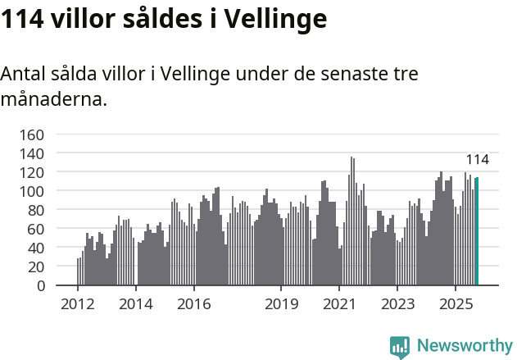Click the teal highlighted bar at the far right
(477, 231)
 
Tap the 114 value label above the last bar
(477, 159)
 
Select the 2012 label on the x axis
(78, 305)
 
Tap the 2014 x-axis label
(136, 305)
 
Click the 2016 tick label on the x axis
(194, 305)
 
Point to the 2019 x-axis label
(281, 305)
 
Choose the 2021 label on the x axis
(339, 305)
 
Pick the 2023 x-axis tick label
(397, 305)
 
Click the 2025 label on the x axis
(456, 305)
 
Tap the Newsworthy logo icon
(400, 347)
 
